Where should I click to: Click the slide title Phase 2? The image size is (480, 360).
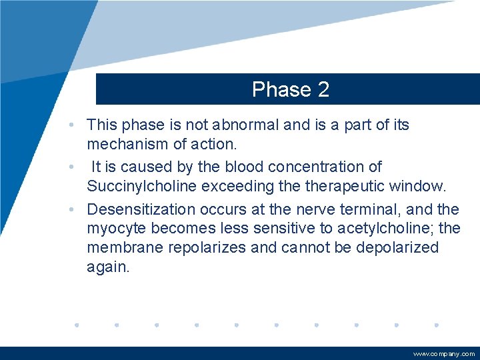pyautogui.click(x=291, y=89)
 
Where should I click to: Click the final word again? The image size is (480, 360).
pyautogui.click(x=107, y=267)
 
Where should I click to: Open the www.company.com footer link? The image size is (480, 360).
pyautogui.click(x=444, y=354)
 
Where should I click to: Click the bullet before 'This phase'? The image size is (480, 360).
pyautogui.click(x=79, y=125)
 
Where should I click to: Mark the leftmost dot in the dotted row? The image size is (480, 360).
pyautogui.click(x=77, y=325)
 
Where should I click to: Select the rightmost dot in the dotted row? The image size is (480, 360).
pyautogui.click(x=436, y=325)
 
